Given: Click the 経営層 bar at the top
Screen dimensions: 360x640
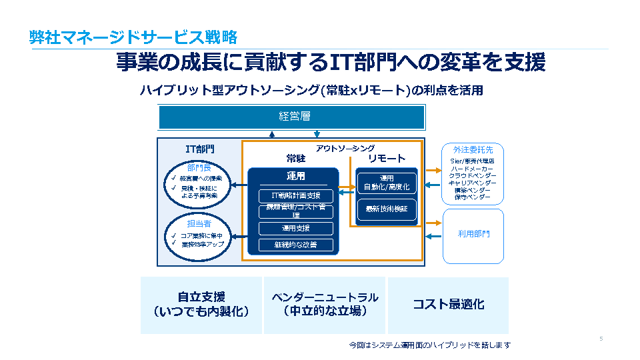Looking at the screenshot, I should tap(292, 117).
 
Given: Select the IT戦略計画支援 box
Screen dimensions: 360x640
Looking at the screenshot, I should tap(296, 195).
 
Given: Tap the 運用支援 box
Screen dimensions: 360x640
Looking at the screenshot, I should tap(296, 229).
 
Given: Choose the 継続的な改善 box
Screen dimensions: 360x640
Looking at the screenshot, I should tap(296, 245).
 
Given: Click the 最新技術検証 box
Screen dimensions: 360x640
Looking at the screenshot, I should tap(387, 210).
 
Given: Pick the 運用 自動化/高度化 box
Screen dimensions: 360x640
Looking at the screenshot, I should tap(387, 183).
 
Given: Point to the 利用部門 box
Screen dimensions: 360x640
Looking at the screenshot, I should tap(473, 235).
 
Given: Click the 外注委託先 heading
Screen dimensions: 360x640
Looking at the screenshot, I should tap(473, 150).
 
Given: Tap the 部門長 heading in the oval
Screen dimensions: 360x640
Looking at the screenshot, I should tap(199, 167).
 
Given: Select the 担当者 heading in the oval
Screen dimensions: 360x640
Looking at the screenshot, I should tap(199, 224).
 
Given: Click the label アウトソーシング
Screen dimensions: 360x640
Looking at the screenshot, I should tap(345, 148).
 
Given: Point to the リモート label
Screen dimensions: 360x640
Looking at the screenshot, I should tap(387, 159).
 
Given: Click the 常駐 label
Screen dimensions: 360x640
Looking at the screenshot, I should tap(296, 159).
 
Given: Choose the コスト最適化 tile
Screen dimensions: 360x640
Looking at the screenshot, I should tap(448, 305).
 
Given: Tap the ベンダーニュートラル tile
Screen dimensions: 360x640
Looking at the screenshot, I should tap(325, 305).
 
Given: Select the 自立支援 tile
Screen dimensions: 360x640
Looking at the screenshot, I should tap(201, 305).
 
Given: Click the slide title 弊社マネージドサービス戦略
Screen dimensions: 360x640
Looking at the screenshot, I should tap(133, 37).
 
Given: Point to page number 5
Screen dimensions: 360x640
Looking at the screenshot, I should tap(601, 339).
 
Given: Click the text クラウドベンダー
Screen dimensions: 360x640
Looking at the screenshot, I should tap(473, 175).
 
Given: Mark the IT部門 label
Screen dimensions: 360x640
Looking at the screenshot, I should tap(200, 149).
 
